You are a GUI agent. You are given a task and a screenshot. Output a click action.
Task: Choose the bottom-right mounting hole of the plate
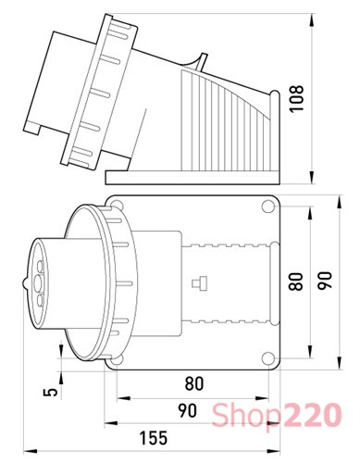(x=266, y=357)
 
